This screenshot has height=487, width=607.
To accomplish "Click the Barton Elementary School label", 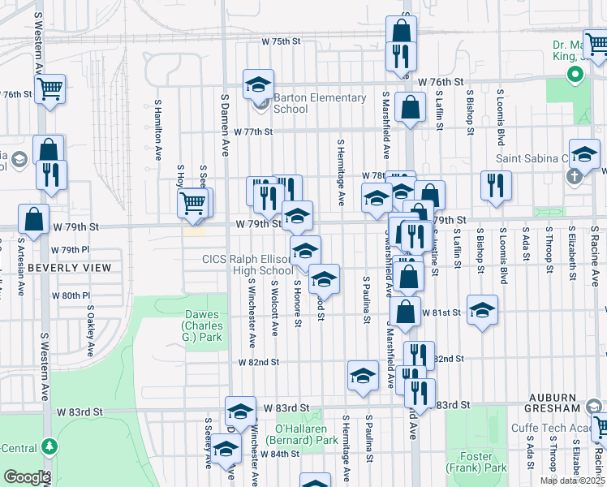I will tap(319, 103).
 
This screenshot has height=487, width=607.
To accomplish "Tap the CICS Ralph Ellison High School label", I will tap(248, 265).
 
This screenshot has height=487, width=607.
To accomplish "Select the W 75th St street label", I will tap(280, 41).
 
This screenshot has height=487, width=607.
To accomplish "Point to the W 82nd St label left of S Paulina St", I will tap(259, 362).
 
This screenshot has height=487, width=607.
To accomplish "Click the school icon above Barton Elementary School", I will tap(258, 84).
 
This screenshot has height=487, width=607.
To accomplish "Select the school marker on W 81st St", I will tap(482, 310).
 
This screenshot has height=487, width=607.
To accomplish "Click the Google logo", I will tap(27, 477).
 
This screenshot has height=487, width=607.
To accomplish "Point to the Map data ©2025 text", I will tap(573, 481).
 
